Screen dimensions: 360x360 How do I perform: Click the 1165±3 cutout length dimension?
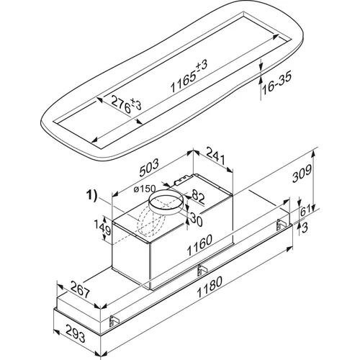point(189,76)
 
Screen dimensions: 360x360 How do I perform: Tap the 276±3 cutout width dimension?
point(126,104)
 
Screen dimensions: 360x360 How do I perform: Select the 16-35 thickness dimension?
point(276,82)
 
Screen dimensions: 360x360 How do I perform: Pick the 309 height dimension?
point(302,174)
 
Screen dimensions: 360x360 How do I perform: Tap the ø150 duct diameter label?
point(145,189)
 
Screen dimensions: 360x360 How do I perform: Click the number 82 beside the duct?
point(198,197)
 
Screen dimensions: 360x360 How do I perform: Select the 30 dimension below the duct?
point(197,220)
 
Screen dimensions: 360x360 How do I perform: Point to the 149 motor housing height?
point(106,228)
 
